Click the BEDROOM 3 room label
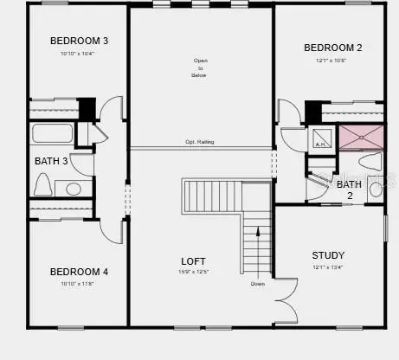click(79, 41)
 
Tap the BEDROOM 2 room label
click(333, 48)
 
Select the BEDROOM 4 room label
click(79, 272)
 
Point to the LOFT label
click(192, 261)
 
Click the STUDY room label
click(328, 255)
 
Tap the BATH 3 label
click(51, 161)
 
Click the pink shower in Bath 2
click(361, 137)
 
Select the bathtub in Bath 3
click(52, 134)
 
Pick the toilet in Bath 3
click(43, 184)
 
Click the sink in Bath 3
click(73, 188)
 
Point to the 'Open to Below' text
click(200, 67)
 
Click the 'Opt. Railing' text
click(200, 142)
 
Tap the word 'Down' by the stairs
click(258, 284)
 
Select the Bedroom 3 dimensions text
click(77, 55)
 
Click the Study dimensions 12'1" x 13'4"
click(327, 267)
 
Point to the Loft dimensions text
click(193, 273)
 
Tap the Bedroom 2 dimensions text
click(331, 61)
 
